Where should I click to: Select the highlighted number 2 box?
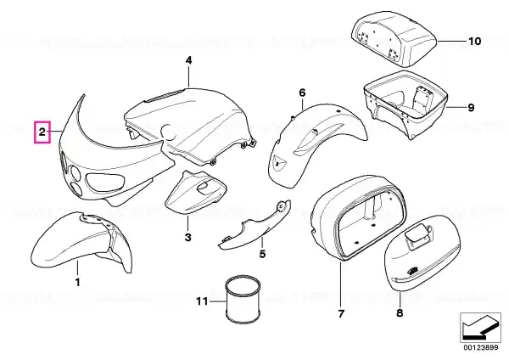click(x=41, y=132)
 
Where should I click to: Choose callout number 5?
click(x=262, y=253)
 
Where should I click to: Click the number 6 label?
click(x=301, y=92)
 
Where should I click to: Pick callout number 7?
click(x=340, y=315)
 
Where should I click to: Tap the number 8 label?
click(x=400, y=313)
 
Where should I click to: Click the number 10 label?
click(x=474, y=40)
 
